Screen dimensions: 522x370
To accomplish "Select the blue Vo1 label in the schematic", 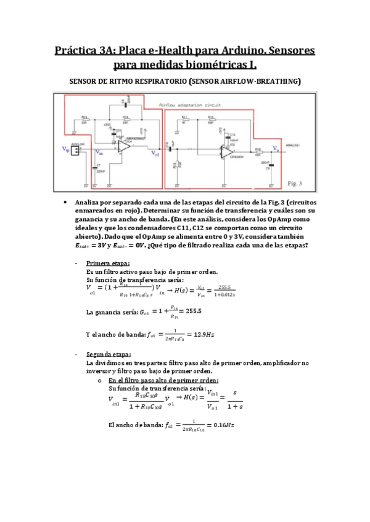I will [155, 156].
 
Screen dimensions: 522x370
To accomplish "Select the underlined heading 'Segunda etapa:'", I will [108, 355].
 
